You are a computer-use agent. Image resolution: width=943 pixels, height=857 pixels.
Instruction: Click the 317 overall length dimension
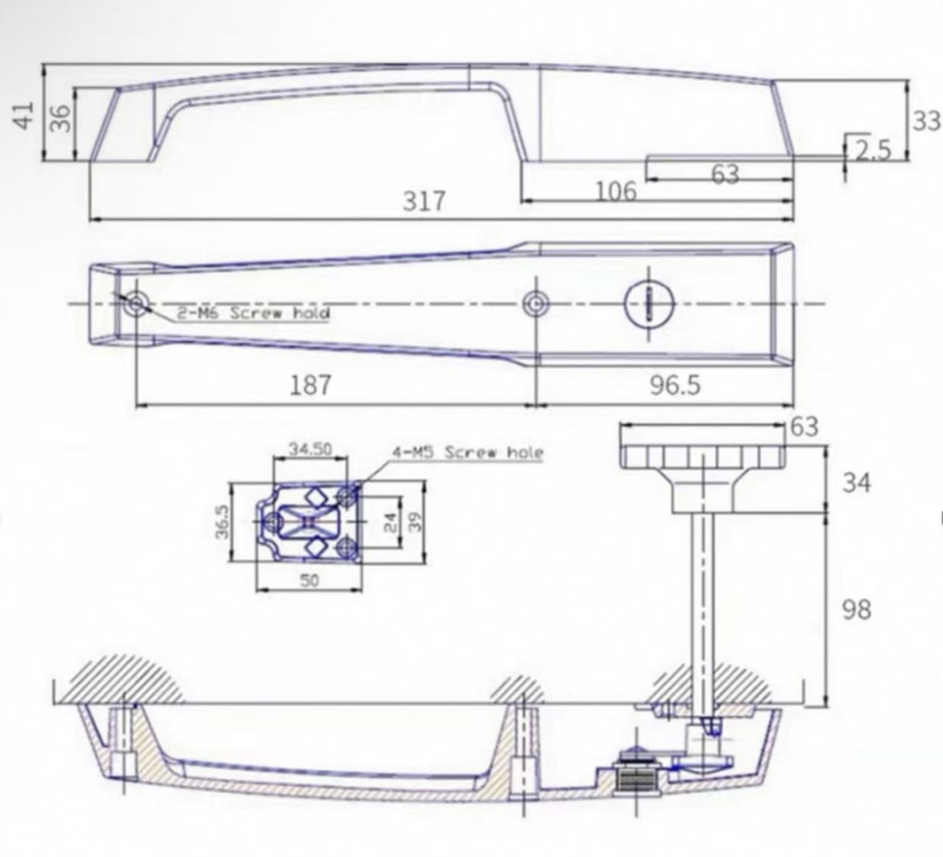point(423,202)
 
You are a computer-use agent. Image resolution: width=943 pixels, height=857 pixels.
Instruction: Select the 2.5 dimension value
point(872,150)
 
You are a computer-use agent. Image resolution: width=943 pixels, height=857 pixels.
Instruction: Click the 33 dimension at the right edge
point(926,121)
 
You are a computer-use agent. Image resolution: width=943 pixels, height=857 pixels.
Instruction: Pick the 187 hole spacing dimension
point(310,385)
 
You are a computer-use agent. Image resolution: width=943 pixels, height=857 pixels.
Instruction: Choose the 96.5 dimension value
point(676,385)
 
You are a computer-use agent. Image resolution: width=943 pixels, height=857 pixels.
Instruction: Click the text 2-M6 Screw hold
point(240,312)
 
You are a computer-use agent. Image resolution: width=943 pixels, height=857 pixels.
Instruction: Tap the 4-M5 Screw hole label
point(468,453)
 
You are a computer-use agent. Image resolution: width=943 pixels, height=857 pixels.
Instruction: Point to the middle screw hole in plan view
point(536,303)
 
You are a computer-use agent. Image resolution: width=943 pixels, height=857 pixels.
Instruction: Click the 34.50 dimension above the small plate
point(309,449)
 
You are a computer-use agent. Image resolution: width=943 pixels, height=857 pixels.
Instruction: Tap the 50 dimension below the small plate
point(309,581)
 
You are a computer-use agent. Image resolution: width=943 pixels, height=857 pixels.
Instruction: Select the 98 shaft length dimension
point(855,610)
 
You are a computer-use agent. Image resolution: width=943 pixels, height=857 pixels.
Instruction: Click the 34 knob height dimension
point(855,483)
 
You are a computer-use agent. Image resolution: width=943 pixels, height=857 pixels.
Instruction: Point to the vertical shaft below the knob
point(703,603)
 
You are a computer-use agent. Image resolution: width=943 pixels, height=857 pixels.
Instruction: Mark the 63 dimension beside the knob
point(804,427)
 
